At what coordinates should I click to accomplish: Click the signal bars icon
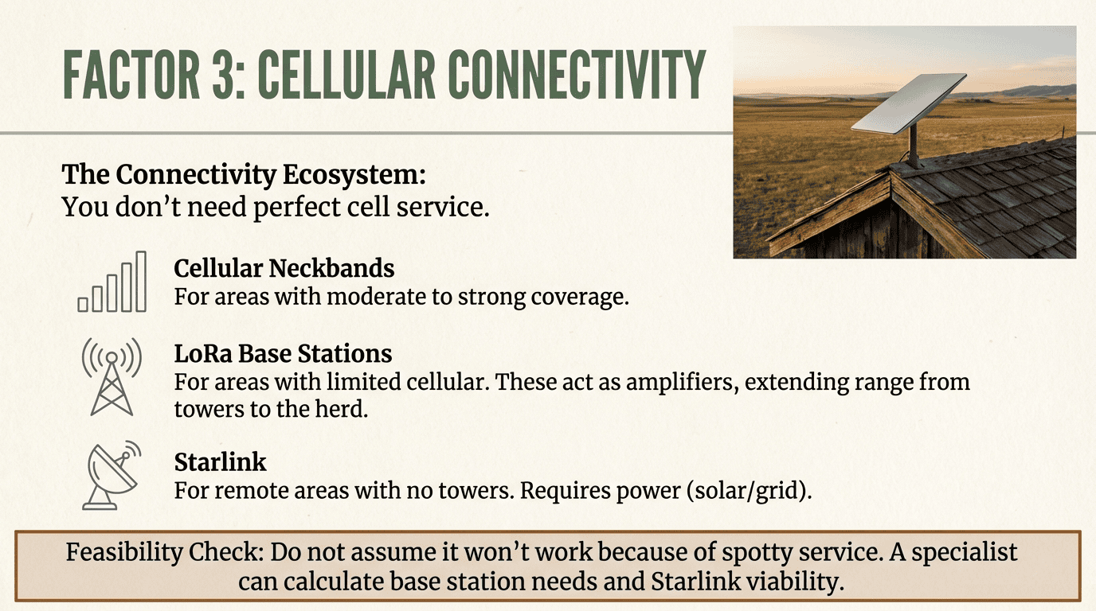pyautogui.click(x=112, y=282)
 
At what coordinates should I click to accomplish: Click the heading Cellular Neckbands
pyautogui.click(x=284, y=269)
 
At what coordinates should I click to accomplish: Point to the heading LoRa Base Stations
pyautogui.click(x=283, y=353)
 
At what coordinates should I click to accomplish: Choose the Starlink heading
pyautogui.click(x=221, y=462)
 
